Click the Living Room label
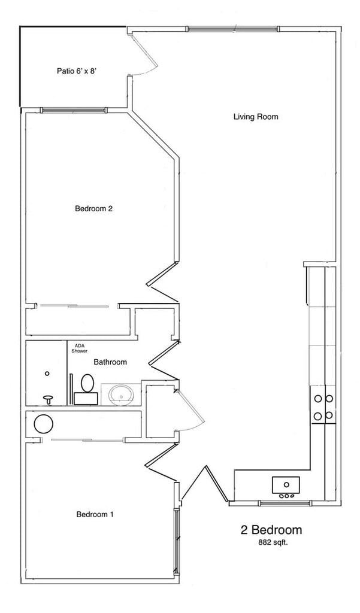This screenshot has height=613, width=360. pos(256,117)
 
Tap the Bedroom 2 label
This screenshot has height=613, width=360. pos(94,209)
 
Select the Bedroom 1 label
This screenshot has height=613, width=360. pos(95,514)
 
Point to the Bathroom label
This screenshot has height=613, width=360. pos(110,362)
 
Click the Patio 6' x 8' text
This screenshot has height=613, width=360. pos(77,71)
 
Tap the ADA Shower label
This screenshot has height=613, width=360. pos(80,348)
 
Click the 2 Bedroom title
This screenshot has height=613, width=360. pos(271,530)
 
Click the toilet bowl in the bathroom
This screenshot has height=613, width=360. pos(87,382)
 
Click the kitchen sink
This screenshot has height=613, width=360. pos(286,484)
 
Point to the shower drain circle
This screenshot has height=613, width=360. pos(47,374)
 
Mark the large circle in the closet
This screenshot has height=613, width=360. pos(44,424)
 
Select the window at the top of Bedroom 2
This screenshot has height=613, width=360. pos(74,110)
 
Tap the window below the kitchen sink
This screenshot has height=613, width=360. pos(285,503)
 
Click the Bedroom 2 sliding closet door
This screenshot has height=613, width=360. pos(75,306)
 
